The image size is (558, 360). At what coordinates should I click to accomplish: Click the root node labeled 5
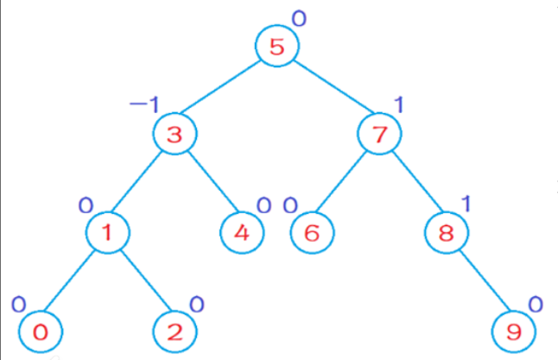276,47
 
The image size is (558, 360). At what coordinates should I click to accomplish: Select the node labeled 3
175,134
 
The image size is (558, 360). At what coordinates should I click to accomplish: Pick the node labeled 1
109,232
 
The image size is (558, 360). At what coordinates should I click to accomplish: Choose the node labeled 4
242,232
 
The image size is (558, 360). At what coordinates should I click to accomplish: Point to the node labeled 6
311,232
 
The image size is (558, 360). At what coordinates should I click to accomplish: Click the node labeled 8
447,232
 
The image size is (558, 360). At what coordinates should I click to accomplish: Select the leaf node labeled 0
41,331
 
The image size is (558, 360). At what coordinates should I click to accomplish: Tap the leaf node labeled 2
175,331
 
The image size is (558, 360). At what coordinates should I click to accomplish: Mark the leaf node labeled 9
514,331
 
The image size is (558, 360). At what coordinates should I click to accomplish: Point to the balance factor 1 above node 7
399,104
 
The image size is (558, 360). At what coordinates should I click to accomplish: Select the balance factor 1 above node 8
466,204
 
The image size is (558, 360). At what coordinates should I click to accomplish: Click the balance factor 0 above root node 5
299,17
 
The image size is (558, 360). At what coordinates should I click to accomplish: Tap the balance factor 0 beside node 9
535,304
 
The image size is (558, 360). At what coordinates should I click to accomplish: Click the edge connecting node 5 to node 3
225,91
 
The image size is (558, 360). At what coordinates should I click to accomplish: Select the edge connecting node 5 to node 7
328,91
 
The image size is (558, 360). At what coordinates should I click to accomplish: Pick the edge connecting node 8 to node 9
480,281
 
